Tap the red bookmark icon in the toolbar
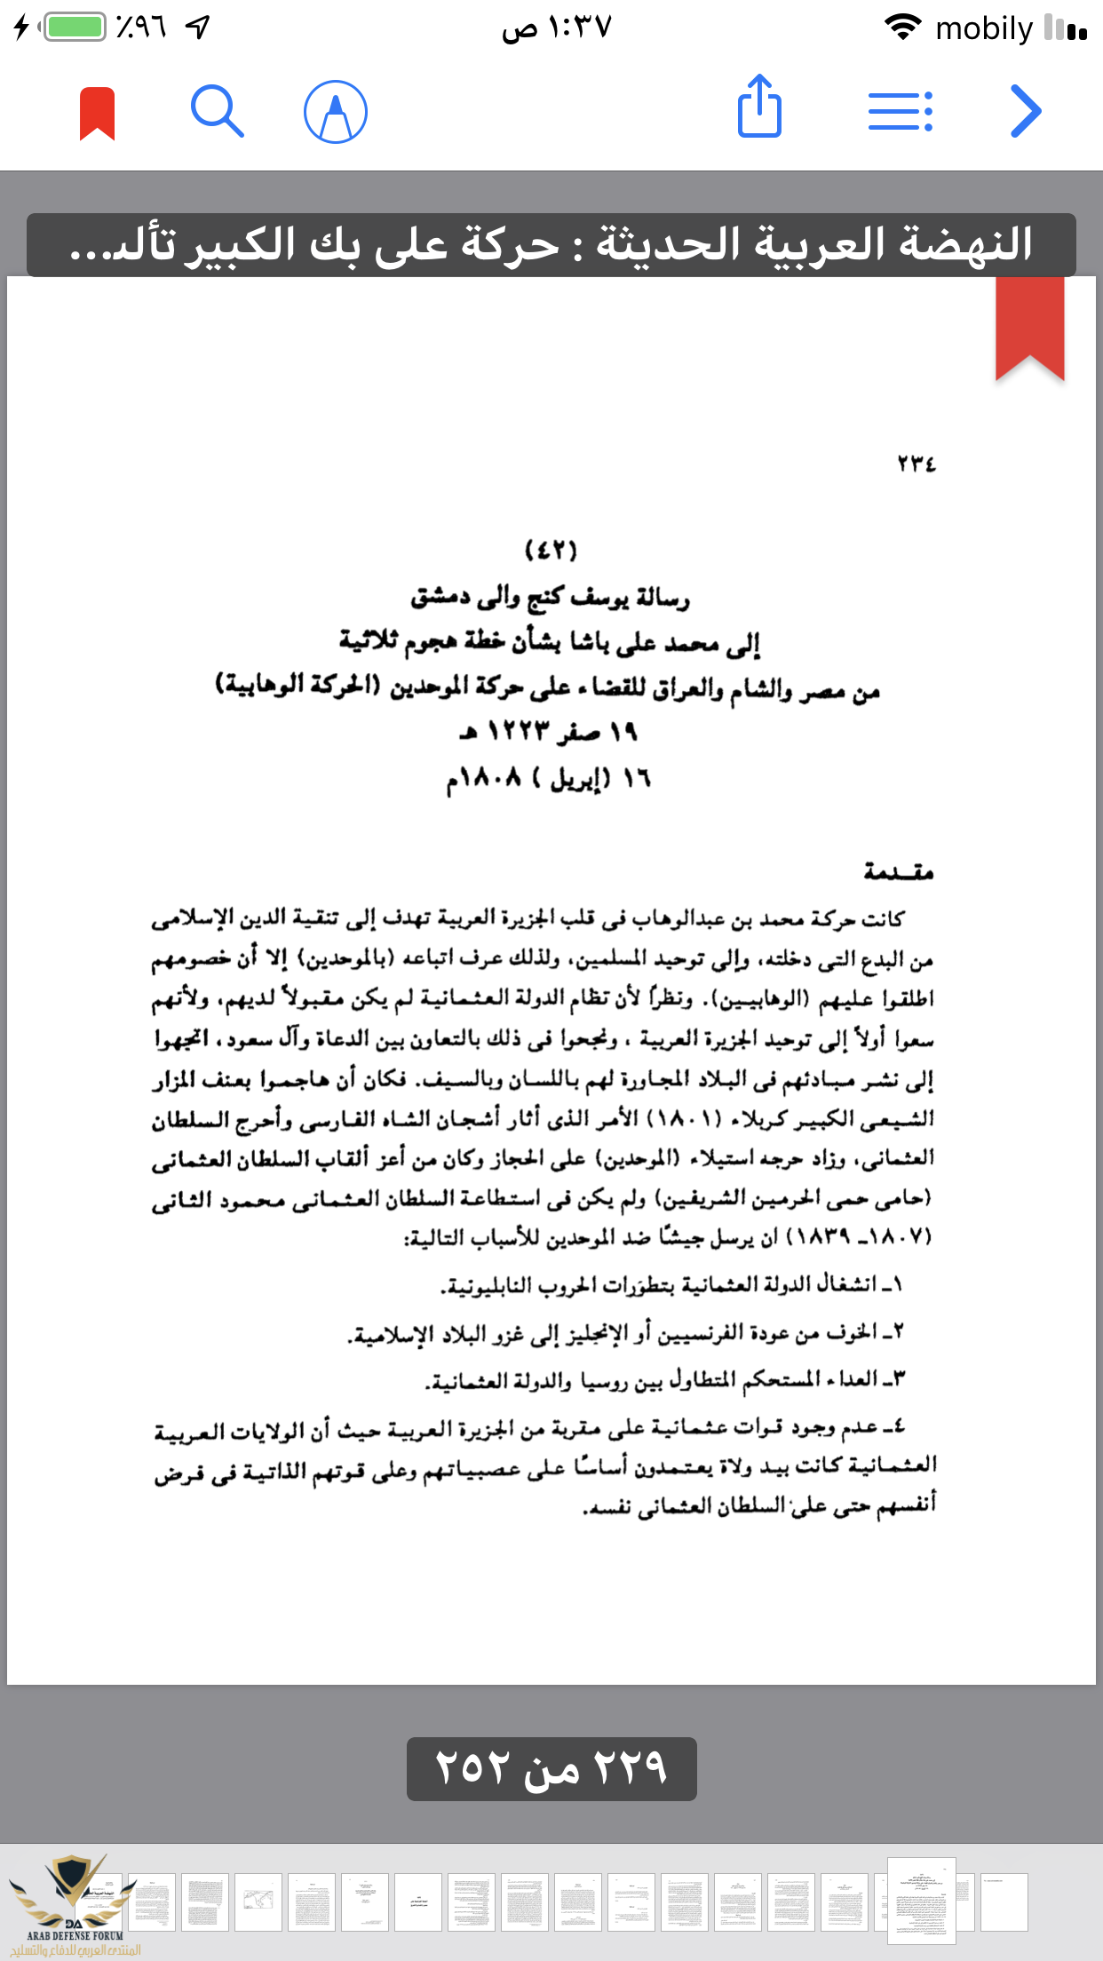tap(98, 113)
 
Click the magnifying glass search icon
tap(217, 112)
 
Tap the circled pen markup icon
tap(336, 112)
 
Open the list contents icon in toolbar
tap(900, 112)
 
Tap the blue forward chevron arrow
tap(1026, 112)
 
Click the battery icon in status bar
tap(75, 27)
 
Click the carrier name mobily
tap(984, 28)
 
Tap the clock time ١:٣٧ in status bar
tap(557, 28)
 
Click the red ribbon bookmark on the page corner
tap(1030, 327)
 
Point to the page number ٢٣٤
tap(917, 464)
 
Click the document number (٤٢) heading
tap(551, 551)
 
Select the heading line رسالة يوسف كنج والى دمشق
tap(551, 598)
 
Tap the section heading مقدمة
tap(898, 872)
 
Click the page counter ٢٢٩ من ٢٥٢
tap(551, 1768)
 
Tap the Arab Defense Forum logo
tap(75, 1904)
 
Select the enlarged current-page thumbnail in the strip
tap(922, 1901)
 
